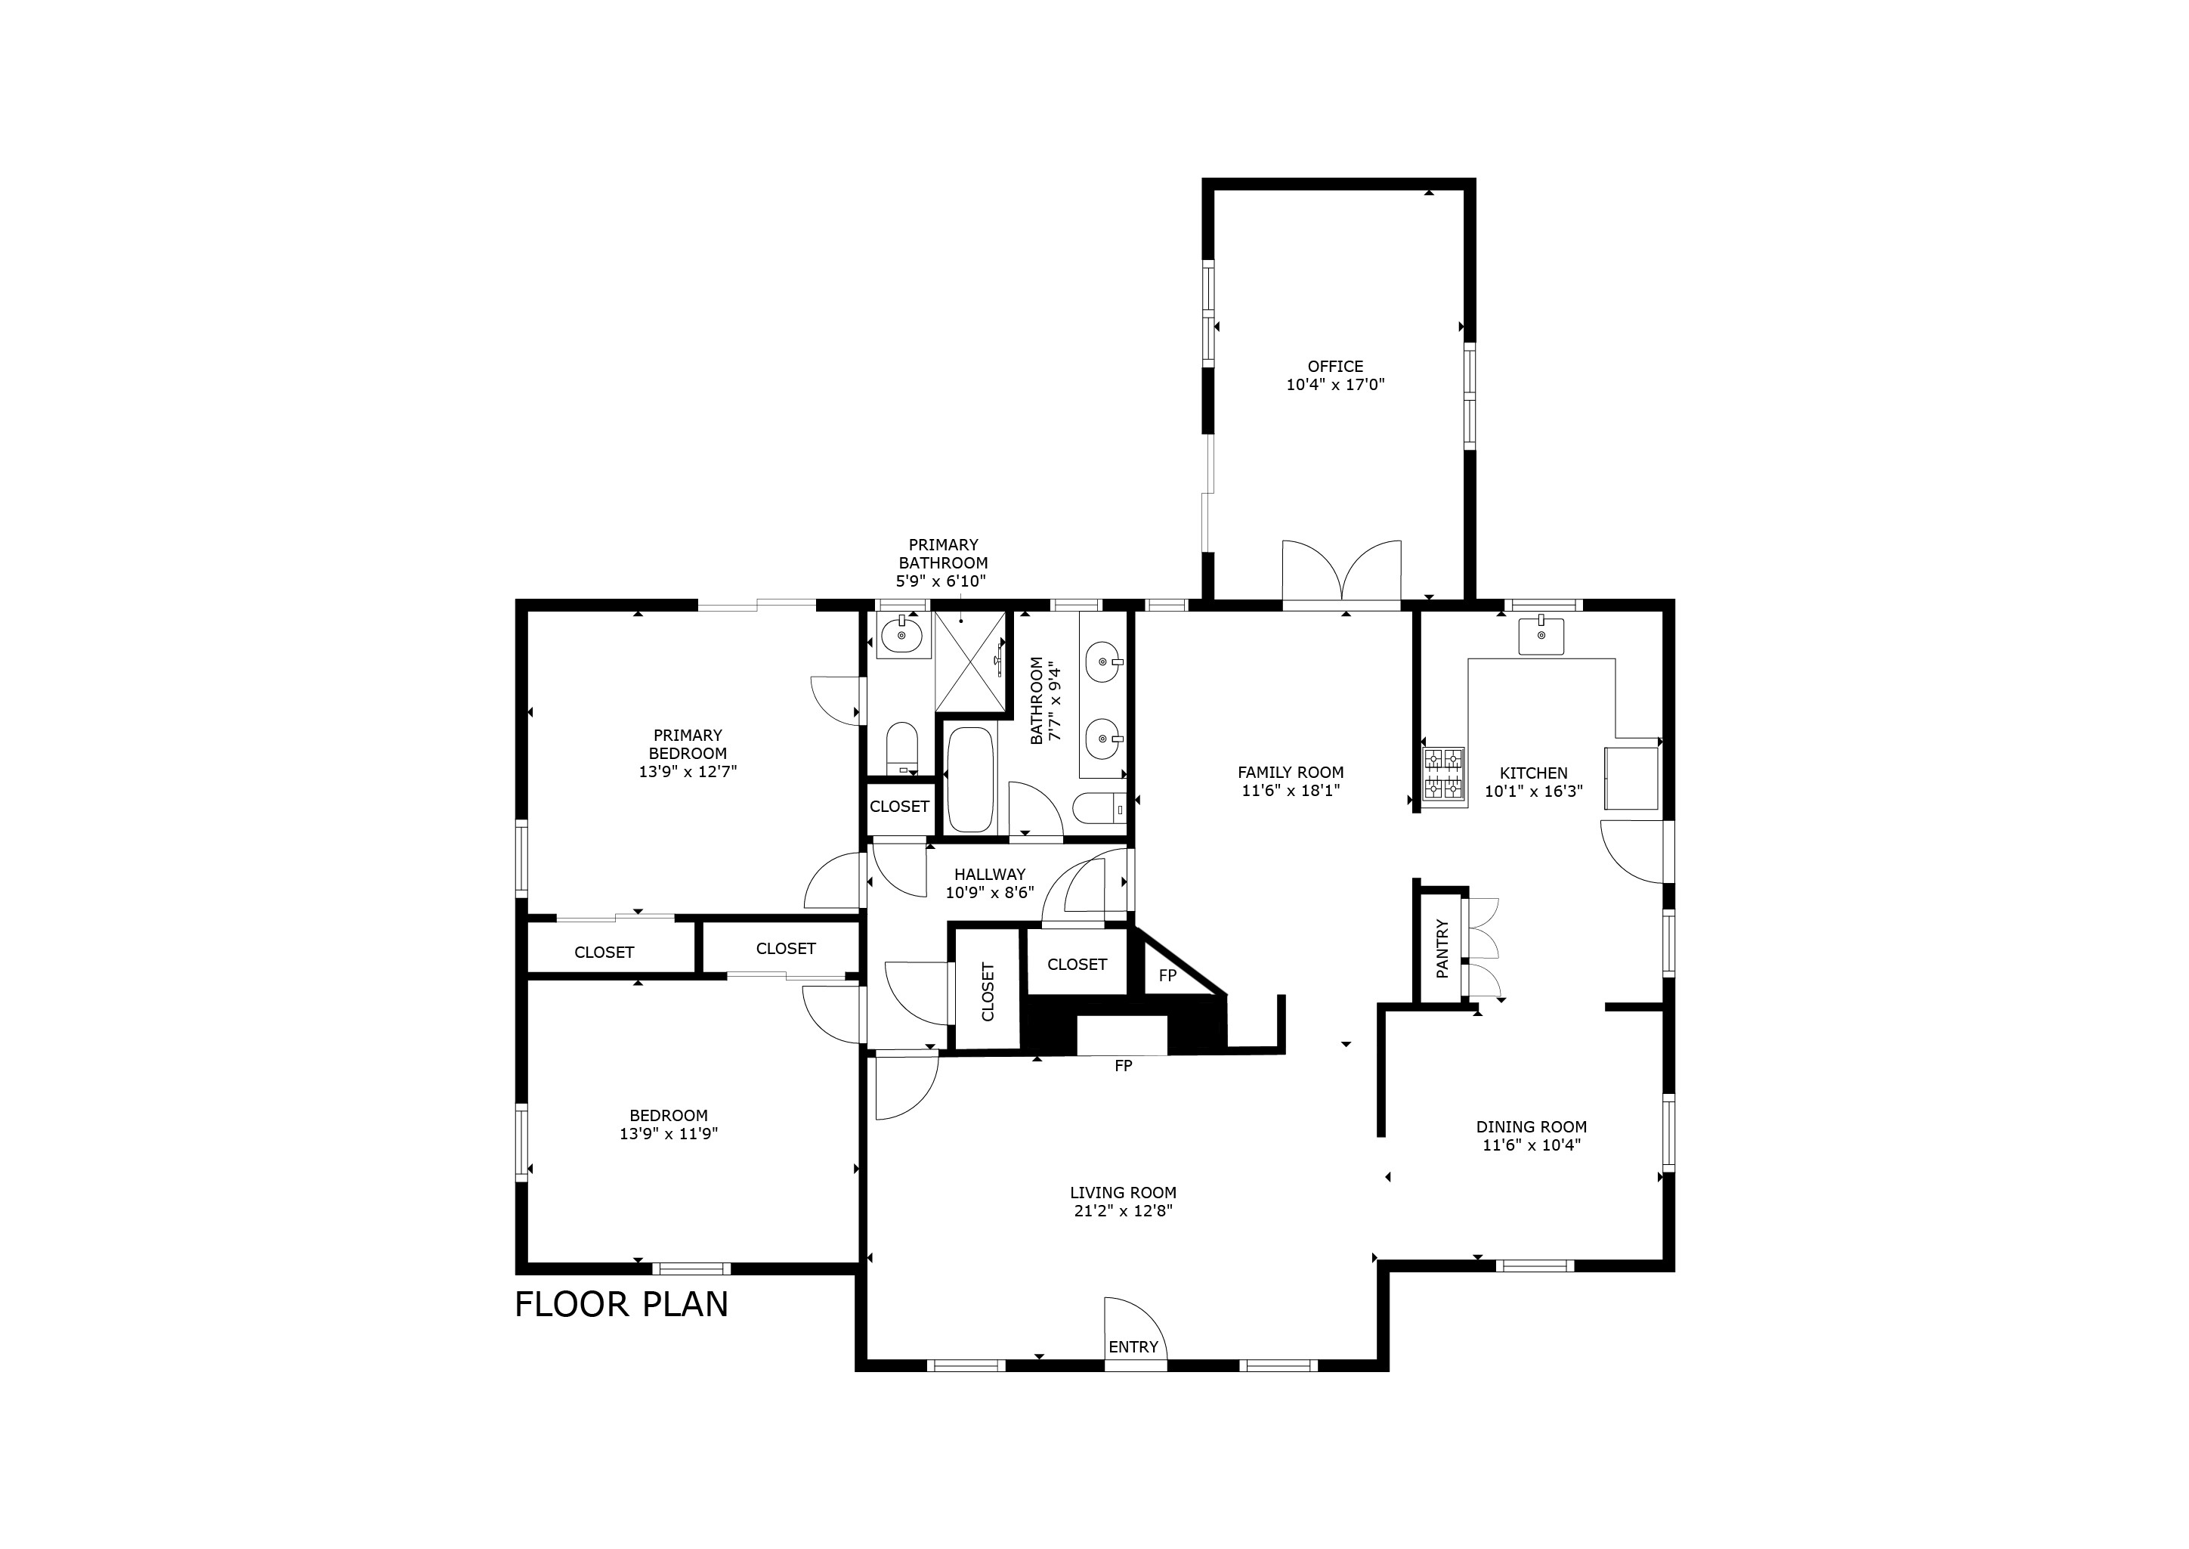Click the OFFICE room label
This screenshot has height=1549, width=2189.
1334,366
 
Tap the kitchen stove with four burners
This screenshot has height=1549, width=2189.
1442,773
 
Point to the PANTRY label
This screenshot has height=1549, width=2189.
1442,948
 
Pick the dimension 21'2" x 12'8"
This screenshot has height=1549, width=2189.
1122,1211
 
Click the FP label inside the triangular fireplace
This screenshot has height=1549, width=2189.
1167,976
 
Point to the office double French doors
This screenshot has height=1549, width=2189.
1341,575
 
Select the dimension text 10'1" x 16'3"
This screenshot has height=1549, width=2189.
1533,792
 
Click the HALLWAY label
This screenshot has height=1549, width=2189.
990,875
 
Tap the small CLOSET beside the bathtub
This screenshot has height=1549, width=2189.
899,807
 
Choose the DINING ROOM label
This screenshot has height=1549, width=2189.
1531,1126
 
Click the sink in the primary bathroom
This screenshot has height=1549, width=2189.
901,634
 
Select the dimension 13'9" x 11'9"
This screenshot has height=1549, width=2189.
667,1134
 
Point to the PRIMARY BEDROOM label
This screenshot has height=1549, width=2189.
688,744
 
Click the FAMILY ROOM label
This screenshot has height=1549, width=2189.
1290,773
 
